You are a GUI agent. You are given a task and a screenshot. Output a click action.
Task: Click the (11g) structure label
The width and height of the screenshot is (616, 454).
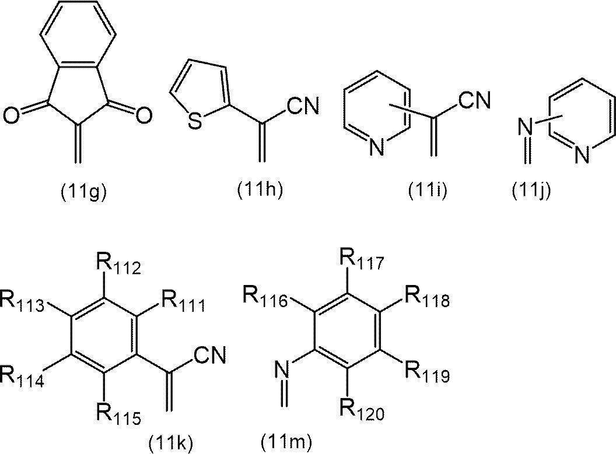point(83,192)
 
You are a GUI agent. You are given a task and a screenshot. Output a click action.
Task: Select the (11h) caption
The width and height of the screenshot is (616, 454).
point(261,191)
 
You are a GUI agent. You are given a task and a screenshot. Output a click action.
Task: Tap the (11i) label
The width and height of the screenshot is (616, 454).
point(428,191)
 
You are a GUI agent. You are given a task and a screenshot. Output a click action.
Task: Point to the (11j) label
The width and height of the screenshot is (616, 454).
point(531,191)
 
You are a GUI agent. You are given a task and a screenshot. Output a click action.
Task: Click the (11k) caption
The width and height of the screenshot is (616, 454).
point(171,443)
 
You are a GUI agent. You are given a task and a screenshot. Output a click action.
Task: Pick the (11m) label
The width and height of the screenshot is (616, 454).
point(286,442)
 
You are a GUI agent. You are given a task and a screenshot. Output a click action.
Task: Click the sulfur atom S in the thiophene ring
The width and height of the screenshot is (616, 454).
point(194,121)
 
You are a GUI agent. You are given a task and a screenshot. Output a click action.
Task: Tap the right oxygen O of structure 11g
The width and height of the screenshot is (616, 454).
point(144,116)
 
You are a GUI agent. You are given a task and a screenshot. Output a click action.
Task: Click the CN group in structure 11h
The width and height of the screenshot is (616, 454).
point(303,106)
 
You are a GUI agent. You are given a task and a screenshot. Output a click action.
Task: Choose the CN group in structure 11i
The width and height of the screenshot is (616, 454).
point(474,100)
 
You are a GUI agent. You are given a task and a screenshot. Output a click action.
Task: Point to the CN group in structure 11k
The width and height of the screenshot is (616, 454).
point(210,355)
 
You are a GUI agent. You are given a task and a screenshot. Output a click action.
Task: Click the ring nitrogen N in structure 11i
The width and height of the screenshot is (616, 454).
point(377,149)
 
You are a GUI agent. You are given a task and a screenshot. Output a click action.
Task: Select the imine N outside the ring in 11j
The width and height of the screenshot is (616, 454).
point(525,126)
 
